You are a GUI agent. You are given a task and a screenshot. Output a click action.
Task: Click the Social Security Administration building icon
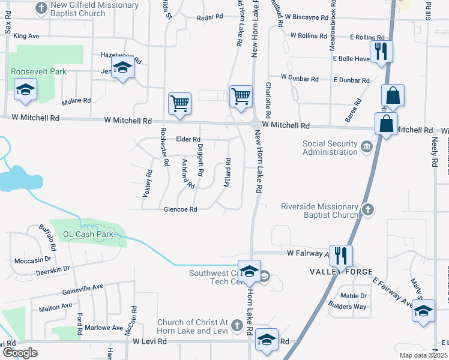(366, 146)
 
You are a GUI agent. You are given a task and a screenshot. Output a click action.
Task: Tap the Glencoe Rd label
(180, 209)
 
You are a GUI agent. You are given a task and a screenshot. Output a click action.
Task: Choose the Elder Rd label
(188, 139)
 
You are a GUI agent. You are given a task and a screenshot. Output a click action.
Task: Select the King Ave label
(26, 36)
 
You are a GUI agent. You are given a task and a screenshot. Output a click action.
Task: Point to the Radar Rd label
(210, 17)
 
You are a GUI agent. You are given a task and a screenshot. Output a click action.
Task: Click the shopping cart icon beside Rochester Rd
(179, 103)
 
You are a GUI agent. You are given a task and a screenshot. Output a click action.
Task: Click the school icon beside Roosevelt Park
(25, 91)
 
